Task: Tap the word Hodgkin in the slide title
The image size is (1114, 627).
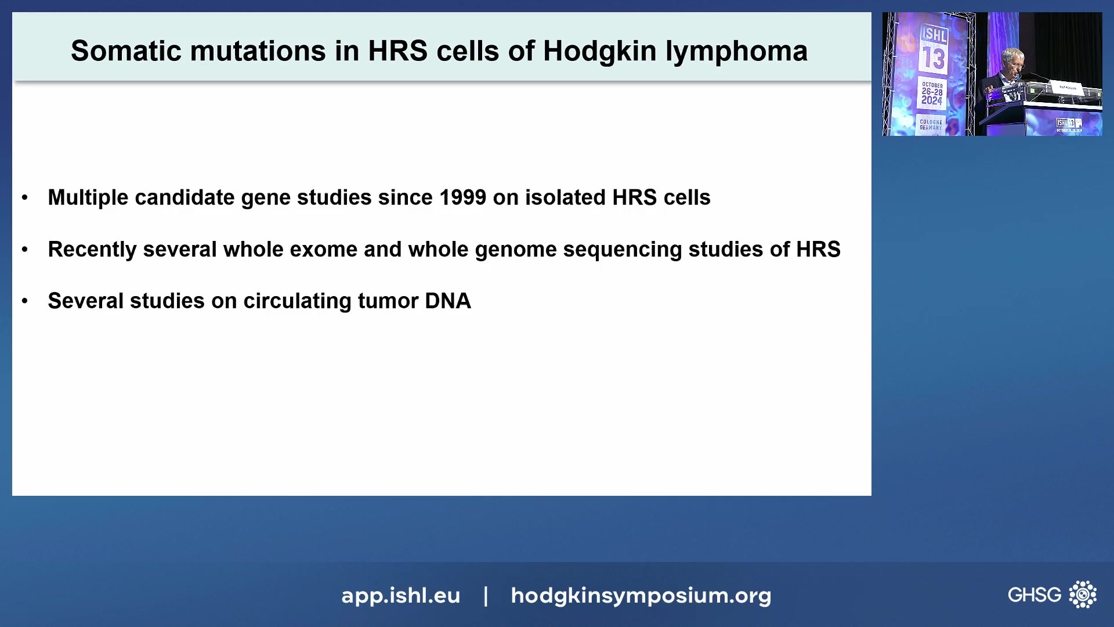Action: [600, 51]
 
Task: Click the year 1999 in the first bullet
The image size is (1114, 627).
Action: [462, 197]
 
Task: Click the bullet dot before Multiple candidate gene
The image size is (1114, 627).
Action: [25, 198]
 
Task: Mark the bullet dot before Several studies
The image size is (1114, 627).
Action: [25, 301]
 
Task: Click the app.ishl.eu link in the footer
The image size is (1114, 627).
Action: [400, 596]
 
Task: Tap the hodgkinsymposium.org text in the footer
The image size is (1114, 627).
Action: [641, 596]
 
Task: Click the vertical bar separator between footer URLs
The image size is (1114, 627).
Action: [486, 596]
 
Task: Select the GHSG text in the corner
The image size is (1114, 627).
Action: [1034, 595]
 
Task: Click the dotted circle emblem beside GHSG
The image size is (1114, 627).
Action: [1083, 594]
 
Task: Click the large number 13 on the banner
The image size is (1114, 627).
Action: [934, 58]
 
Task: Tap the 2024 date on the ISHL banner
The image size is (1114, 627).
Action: [932, 100]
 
